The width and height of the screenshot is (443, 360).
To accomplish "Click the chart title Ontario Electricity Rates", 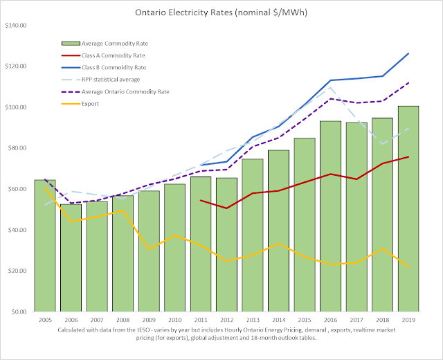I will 221,12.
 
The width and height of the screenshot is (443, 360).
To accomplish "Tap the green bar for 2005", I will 45,246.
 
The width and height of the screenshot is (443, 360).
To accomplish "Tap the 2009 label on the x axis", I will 148,321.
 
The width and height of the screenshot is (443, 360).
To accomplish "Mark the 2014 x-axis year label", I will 278,321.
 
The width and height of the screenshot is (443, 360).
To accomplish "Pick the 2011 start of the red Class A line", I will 201,200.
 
